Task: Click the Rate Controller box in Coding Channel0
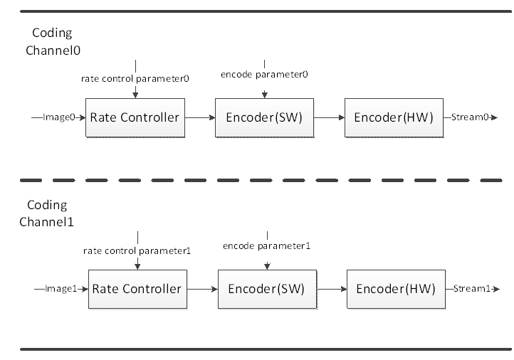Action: coord(135,117)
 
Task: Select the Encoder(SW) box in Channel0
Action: coord(265,117)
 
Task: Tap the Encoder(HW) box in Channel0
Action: coord(394,117)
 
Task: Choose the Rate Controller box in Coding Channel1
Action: coord(137,290)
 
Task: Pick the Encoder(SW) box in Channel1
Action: coord(267,290)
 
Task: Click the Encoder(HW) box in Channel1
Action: coord(396,290)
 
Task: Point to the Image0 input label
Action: coord(59,117)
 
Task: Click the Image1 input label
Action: coord(61,289)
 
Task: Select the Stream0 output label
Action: coord(470,117)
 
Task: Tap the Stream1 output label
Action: coord(472,289)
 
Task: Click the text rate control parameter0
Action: coord(135,79)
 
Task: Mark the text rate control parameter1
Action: coord(137,251)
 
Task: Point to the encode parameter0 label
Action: coord(264,75)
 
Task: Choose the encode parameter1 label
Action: coord(266,246)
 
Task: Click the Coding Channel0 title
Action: coord(53,41)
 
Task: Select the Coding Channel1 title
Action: coord(46,213)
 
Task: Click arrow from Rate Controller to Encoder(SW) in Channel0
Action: coord(200,117)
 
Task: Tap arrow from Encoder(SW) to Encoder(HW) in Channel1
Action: coord(332,290)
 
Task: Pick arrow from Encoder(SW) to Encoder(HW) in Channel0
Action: coord(329,117)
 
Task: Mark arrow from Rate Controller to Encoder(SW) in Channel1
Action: coord(203,290)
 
